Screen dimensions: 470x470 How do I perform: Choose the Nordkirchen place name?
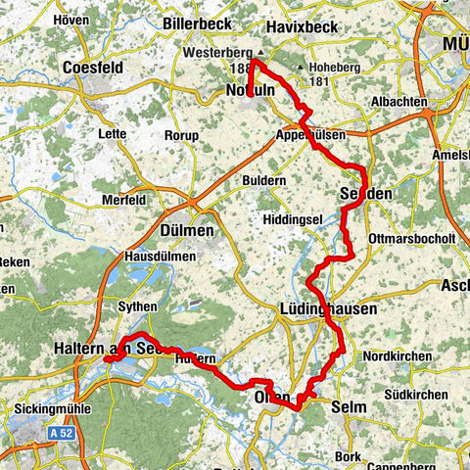[397, 356]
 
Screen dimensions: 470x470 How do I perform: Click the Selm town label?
[348, 406]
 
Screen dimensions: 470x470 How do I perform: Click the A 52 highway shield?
[62, 430]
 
